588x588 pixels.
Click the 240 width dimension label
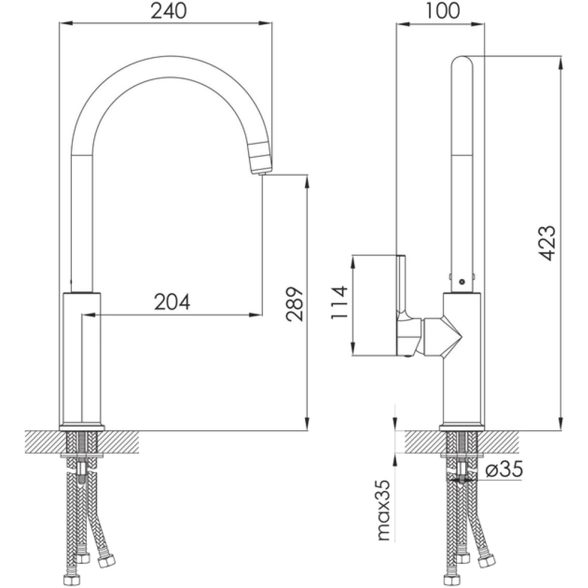click(x=168, y=11)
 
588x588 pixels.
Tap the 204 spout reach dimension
click(x=172, y=302)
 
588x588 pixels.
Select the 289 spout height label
click(x=295, y=304)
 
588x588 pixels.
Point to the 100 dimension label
click(x=443, y=11)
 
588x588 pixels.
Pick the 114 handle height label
click(x=339, y=303)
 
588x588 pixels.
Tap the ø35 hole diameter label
click(x=504, y=469)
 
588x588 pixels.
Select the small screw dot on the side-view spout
click(x=462, y=281)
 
